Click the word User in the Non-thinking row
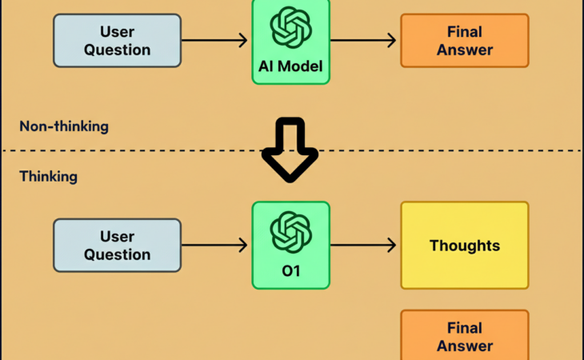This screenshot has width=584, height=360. click(x=117, y=32)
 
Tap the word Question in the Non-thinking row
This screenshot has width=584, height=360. click(x=117, y=50)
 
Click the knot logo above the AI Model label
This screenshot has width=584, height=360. click(x=290, y=27)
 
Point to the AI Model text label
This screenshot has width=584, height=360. click(x=290, y=66)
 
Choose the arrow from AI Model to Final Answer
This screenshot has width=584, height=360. click(x=363, y=40)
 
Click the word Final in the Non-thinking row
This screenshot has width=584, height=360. click(x=465, y=32)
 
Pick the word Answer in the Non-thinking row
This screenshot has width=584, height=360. click(x=465, y=50)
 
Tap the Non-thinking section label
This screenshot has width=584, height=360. click(x=64, y=126)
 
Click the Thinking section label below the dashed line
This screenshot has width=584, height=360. click(x=49, y=176)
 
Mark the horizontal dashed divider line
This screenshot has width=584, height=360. click(x=160, y=150)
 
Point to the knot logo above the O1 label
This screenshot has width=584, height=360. click(x=290, y=232)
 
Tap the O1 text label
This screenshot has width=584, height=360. click(x=290, y=270)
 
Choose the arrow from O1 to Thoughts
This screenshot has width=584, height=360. click(x=363, y=245)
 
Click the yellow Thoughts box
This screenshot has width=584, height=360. click(x=465, y=245)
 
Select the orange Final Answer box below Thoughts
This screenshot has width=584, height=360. click(x=465, y=336)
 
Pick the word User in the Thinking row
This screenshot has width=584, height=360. click(x=117, y=237)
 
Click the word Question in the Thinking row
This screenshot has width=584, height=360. click(x=117, y=254)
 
